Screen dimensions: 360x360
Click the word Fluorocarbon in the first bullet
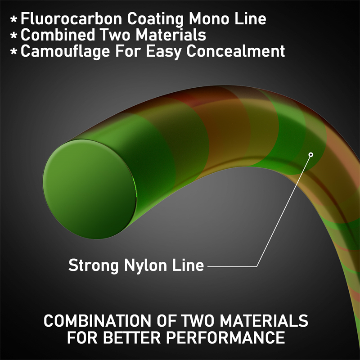71,18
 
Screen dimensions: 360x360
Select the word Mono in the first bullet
209,18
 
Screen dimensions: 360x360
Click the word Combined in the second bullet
58,35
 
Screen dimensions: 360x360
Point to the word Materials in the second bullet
171,35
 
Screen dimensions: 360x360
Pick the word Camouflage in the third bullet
65,51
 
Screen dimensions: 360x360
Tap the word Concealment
235,51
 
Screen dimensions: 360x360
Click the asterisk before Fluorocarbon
14,19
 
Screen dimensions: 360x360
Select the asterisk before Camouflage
14,52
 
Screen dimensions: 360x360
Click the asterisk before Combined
14,36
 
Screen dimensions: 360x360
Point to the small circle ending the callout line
311,155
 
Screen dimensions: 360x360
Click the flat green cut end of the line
90,189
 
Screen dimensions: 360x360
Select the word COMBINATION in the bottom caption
98,320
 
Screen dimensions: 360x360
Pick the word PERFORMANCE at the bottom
225,337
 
